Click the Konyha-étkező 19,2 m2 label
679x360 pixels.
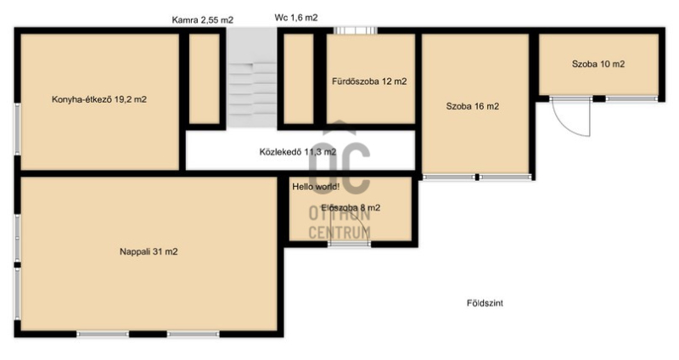click(x=99, y=99)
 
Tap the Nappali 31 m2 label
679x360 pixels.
click(x=149, y=251)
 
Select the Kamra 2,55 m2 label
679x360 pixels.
click(x=203, y=20)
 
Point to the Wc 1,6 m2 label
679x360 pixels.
click(x=296, y=18)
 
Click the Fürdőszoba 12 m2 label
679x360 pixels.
click(x=369, y=82)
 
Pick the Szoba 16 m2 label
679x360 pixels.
click(x=473, y=106)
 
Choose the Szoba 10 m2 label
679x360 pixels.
click(x=598, y=65)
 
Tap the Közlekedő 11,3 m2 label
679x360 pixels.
click(x=298, y=152)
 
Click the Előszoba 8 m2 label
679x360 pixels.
click(x=351, y=208)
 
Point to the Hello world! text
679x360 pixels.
click(x=316, y=187)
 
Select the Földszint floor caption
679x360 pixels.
click(x=485, y=303)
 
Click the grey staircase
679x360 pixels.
click(x=252, y=78)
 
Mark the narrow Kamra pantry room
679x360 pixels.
click(x=205, y=79)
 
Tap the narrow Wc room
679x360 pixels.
click(x=299, y=79)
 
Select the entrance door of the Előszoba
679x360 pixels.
click(x=349, y=244)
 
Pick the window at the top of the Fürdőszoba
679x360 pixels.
click(x=356, y=31)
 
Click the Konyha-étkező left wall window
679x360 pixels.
click(x=17, y=129)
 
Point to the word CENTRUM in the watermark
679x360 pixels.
click(x=339, y=233)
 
